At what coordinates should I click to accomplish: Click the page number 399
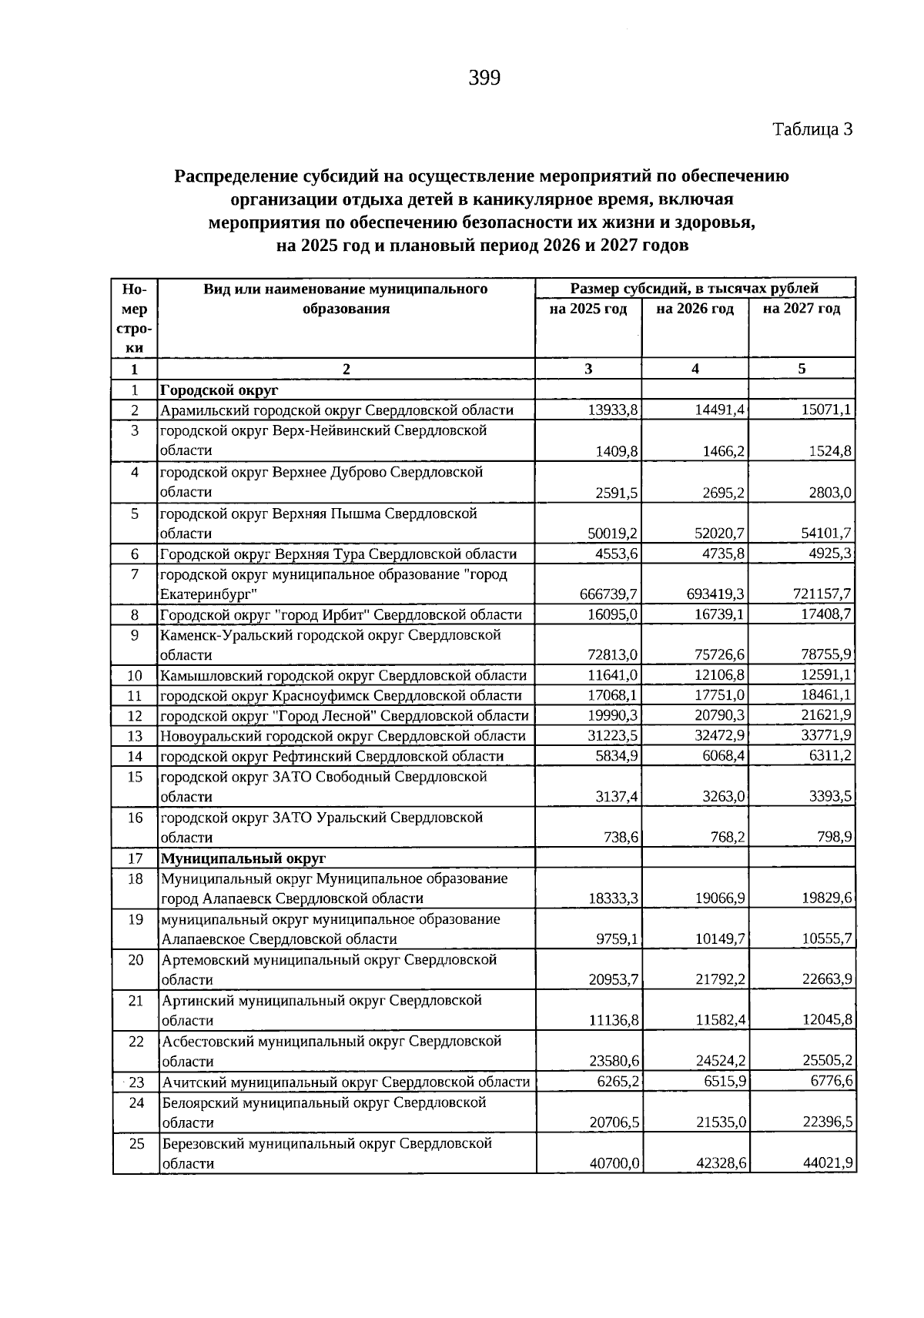tap(484, 78)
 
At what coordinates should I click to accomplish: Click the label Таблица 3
tap(812, 129)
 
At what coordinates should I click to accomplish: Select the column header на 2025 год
tap(588, 309)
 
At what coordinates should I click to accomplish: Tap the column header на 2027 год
tap(802, 309)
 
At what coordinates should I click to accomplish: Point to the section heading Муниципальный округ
tap(243, 858)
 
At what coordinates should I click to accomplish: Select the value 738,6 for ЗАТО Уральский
tap(621, 837)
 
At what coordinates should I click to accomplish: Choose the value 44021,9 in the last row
tap(827, 1163)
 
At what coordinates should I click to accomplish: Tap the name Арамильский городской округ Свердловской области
tap(336, 410)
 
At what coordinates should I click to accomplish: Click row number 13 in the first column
tap(136, 736)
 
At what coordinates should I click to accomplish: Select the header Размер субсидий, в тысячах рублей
tap(695, 289)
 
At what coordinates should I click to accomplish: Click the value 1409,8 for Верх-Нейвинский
tap(617, 451)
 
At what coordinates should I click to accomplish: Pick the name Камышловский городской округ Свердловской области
tap(343, 676)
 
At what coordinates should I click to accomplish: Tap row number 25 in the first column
tap(136, 1143)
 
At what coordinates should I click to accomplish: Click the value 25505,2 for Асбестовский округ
tap(827, 1062)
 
